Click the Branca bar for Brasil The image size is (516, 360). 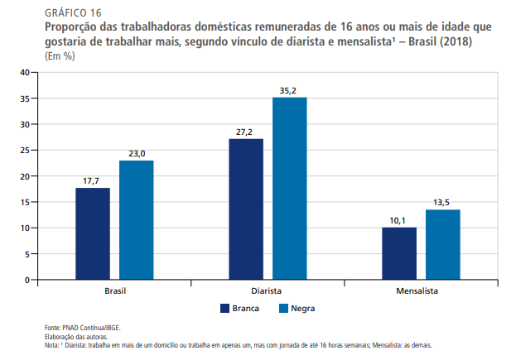tap(93, 233)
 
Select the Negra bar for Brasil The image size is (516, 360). tap(136, 220)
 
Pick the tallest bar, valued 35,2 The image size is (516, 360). tap(289, 188)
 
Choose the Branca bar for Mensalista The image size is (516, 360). tap(399, 253)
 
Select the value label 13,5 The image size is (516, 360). tap(442, 201)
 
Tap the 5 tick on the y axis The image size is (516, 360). tap(26, 254)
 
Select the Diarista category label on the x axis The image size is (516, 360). tap(268, 292)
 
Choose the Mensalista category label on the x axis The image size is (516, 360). tap(421, 292)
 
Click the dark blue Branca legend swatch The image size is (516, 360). tap(224, 308)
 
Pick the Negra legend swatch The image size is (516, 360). tap(283, 308)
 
